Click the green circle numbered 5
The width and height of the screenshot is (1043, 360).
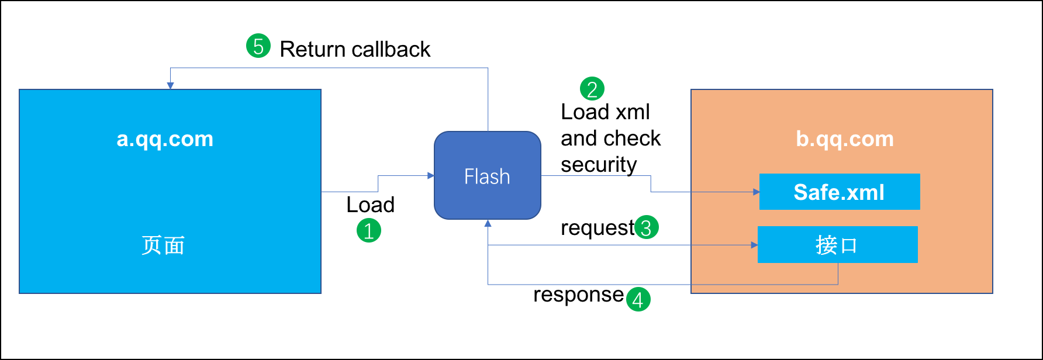pos(258,46)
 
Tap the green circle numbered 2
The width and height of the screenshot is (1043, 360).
pos(592,89)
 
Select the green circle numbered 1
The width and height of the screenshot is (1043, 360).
pos(369,230)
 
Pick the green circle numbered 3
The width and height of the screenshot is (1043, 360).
pos(647,227)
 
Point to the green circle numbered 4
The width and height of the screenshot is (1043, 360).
pos(638,299)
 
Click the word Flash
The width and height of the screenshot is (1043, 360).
pos(487,176)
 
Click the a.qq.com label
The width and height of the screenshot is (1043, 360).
pos(165,139)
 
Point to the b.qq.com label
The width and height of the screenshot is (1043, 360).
pos(845,139)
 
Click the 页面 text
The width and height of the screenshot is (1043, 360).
pos(163,245)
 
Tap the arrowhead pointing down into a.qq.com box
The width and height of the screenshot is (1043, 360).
pos(170,86)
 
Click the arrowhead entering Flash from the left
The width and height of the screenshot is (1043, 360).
pos(431,175)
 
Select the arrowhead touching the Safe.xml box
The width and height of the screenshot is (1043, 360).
pos(756,192)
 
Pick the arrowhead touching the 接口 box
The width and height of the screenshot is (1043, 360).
pos(754,245)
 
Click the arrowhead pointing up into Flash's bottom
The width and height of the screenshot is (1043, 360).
pos(488,223)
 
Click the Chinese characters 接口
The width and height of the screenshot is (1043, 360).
pos(837,245)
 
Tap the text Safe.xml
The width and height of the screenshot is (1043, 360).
pos(839,192)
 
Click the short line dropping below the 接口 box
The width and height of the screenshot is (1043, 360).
pos(838,274)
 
